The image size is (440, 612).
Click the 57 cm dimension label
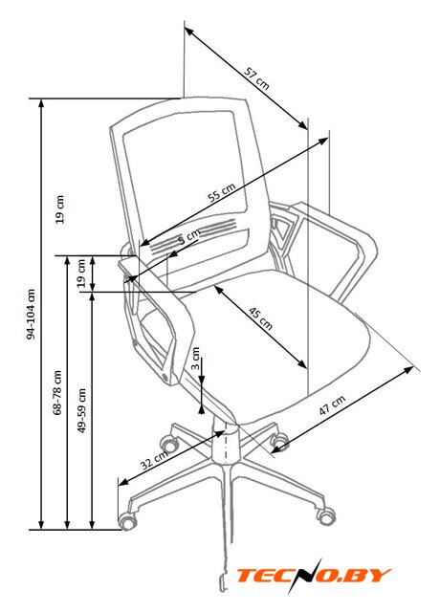tap(256, 78)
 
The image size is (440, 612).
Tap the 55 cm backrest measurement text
tap(222, 191)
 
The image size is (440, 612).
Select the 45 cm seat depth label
tap(261, 318)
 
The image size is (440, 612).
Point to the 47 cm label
tap(332, 404)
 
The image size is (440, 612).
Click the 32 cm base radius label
tap(154, 460)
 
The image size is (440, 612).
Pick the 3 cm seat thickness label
tap(195, 359)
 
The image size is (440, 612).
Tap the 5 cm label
tap(189, 237)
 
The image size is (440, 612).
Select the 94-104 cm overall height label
tap(32, 315)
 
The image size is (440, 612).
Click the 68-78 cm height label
tap(57, 392)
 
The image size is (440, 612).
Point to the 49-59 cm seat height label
tap(81, 410)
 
